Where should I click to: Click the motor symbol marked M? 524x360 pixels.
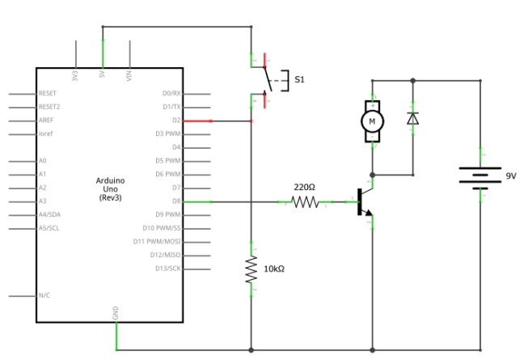[x=372, y=121]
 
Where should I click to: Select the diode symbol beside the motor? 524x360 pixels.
[x=412, y=119]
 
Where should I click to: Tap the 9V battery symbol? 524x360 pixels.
[x=481, y=176]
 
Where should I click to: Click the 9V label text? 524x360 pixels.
[x=510, y=176]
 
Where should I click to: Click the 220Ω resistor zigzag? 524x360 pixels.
[x=306, y=201]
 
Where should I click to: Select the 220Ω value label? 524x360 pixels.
[x=304, y=187]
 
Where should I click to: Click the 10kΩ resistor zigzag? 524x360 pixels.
[x=251, y=269]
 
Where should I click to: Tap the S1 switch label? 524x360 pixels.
[x=299, y=79]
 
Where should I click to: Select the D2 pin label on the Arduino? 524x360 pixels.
[x=175, y=121]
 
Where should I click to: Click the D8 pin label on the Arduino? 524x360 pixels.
[x=175, y=201]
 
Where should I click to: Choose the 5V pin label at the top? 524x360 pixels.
[x=102, y=76]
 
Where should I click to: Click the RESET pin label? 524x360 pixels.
[x=49, y=94]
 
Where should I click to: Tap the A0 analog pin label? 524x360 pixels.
[x=42, y=161]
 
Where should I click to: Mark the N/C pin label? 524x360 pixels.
[x=44, y=296]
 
